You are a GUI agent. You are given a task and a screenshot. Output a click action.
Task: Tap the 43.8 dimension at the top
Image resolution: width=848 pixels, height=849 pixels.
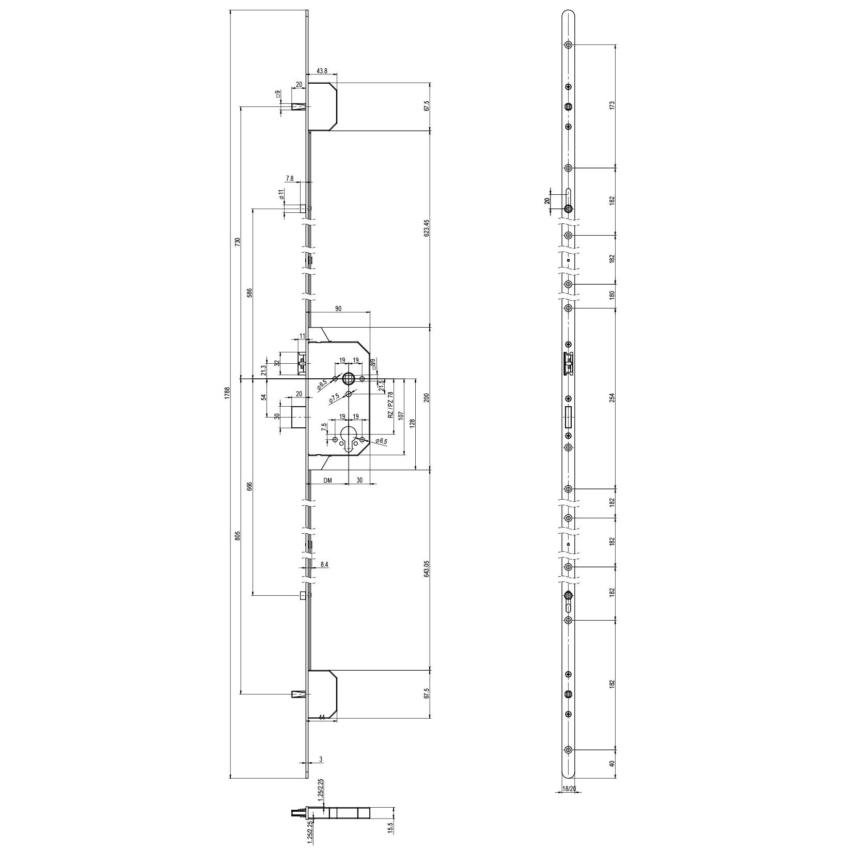[322, 71]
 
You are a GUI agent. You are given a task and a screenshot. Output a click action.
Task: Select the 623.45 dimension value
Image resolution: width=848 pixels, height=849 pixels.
[426, 228]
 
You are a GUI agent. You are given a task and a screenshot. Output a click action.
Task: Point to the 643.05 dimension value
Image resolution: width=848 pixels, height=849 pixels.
[426, 568]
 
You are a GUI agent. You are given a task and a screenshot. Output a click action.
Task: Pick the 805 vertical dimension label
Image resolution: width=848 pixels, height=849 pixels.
[237, 536]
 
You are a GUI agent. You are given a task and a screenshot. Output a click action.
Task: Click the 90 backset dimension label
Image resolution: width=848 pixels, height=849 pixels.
[338, 308]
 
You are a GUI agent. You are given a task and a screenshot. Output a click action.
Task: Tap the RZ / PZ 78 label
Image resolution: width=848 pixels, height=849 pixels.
[390, 405]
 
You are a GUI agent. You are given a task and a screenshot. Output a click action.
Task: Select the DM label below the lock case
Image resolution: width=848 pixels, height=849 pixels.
[327, 480]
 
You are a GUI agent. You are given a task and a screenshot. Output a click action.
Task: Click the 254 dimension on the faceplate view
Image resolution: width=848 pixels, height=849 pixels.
[612, 398]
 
